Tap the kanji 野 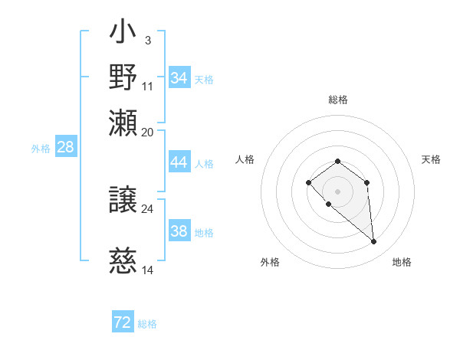pos(123,77)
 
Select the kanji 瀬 pos(123,123)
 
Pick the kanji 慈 pos(123,263)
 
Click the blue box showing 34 pos(179,78)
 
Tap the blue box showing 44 pos(179,162)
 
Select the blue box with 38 pos(179,232)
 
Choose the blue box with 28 pos(66,148)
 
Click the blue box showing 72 pos(123,322)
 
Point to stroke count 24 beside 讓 pos(147,208)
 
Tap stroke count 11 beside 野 pos(147,85)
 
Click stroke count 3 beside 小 pos(147,40)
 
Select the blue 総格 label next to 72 pos(147,324)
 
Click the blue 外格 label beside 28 pos(41,149)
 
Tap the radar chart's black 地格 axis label pos(402,263)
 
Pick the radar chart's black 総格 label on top pos(337,100)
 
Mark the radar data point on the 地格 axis pos(374,242)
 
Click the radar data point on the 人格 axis pos(308,182)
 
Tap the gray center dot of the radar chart pos(337,191)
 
